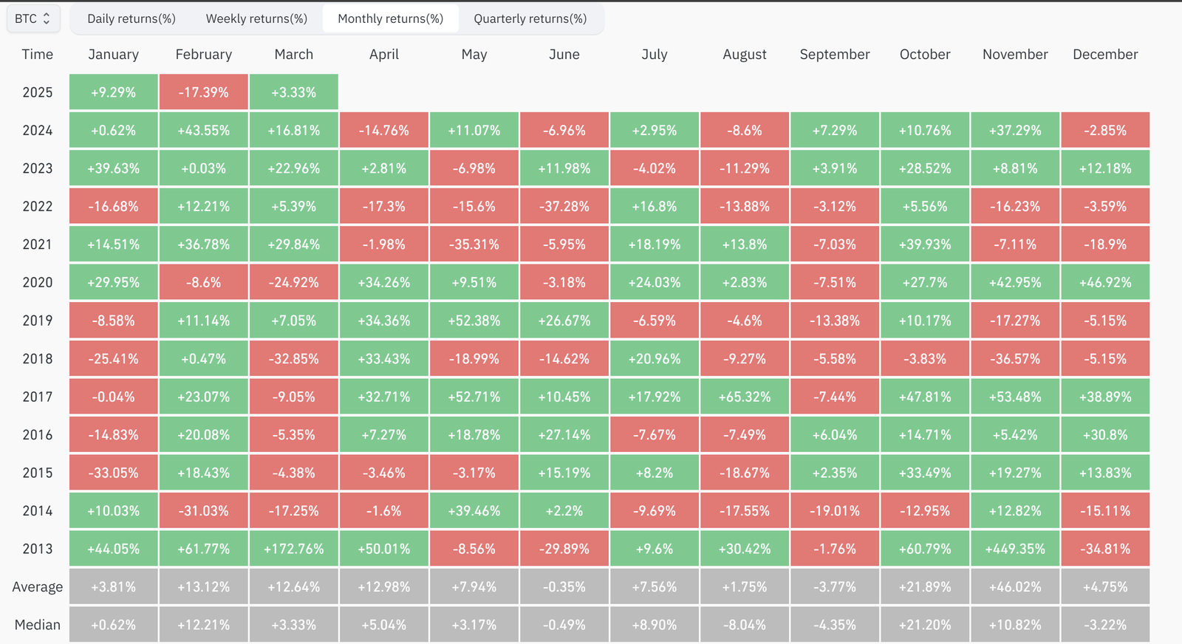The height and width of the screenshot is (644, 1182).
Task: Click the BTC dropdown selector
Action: coord(33,18)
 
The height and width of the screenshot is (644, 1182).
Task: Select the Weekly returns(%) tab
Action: coord(256,18)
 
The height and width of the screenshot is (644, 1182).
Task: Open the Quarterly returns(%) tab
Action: coord(530,18)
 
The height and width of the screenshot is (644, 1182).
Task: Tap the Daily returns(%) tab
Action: coord(131,18)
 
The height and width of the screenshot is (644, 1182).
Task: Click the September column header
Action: coord(835,55)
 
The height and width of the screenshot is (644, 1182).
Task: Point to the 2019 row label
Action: coord(38,321)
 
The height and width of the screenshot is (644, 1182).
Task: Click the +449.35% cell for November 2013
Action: coord(1015,549)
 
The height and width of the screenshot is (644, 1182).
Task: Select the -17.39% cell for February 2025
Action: coord(204,92)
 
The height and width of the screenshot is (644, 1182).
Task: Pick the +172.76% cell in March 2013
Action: coord(294,549)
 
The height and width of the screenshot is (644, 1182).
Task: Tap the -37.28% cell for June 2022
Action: coord(564,207)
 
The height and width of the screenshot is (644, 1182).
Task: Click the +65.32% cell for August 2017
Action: coord(745,397)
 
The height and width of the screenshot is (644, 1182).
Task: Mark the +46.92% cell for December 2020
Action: coord(1105,283)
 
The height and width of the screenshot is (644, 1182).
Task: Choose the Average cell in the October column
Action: coord(925,587)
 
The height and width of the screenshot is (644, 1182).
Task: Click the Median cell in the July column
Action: coord(655,625)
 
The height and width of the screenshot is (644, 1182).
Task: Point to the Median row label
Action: coord(38,625)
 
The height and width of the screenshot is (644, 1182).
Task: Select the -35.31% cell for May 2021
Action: coord(474,244)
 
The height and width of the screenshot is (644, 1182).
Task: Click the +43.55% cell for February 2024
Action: coord(204,131)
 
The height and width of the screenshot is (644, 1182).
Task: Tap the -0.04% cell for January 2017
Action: coord(114,397)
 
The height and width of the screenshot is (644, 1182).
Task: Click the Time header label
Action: coord(38,55)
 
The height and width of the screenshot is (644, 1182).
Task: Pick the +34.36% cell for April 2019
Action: coord(384,321)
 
